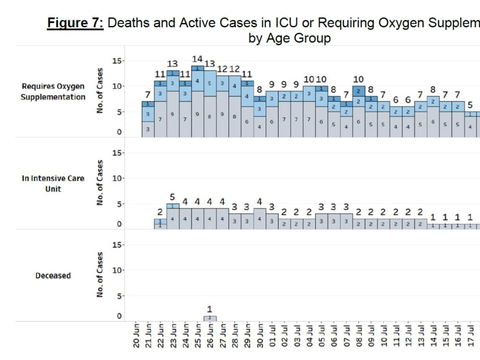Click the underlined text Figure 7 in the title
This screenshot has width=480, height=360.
[75, 24]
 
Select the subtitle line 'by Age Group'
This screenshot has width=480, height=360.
[290, 39]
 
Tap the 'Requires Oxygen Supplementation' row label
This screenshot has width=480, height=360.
[53, 91]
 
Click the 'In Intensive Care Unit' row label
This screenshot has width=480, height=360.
[53, 183]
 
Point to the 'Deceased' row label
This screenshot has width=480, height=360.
[53, 275]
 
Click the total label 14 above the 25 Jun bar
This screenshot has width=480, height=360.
[197, 59]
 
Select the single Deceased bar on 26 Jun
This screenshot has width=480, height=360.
[210, 318]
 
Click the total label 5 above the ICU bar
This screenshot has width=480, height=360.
[172, 197]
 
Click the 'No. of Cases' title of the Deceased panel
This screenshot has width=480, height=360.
[100, 275]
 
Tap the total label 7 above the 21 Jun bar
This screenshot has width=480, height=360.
[147, 94]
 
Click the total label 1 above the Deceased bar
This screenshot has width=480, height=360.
[210, 309]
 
